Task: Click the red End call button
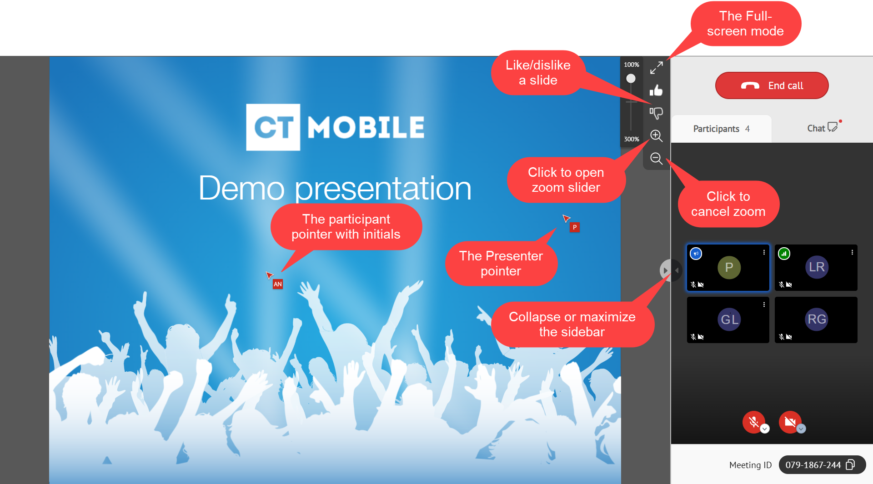tap(772, 85)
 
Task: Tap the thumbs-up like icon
tap(656, 90)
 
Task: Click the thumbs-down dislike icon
tap(656, 113)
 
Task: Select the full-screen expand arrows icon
tap(656, 68)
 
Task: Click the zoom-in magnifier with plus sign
tap(656, 135)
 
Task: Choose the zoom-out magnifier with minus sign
tap(656, 158)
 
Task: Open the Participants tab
tap(721, 129)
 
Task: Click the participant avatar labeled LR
tap(817, 267)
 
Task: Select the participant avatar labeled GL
tap(729, 319)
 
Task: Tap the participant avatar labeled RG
tap(817, 319)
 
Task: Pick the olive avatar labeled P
tap(729, 267)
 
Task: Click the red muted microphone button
tap(753, 422)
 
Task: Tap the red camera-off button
tap(790, 422)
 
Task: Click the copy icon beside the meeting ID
tap(850, 464)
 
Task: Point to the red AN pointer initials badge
tap(278, 284)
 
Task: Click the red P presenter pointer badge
tap(575, 227)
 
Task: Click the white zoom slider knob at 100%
tap(631, 79)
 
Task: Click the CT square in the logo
tap(273, 127)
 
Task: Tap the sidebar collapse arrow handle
tap(665, 270)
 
